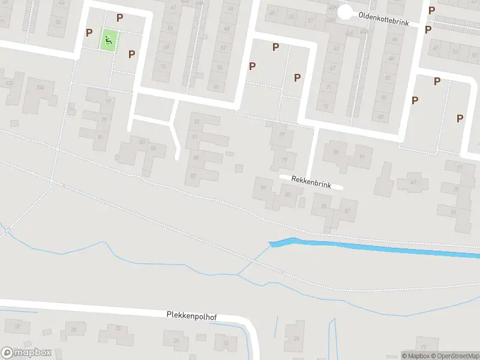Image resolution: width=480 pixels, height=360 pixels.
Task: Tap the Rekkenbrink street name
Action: pyautogui.click(x=311, y=182)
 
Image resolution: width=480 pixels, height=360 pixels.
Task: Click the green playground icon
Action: pyautogui.click(x=109, y=41)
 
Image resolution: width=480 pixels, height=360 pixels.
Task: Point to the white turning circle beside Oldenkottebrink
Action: pyautogui.click(x=345, y=12)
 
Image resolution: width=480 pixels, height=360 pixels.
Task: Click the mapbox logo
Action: pyautogui.click(x=26, y=353)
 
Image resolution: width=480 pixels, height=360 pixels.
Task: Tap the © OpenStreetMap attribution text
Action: pyautogui.click(x=454, y=356)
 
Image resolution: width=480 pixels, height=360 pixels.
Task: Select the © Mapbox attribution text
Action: pyautogui.click(x=415, y=356)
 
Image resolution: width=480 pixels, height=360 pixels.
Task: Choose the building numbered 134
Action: pyautogui.click(x=41, y=88)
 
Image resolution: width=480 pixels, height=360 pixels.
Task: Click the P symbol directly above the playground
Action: pyautogui.click(x=120, y=19)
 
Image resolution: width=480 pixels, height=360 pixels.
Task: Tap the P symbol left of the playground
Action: pyautogui.click(x=89, y=32)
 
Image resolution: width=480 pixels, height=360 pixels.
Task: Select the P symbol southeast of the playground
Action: pyautogui.click(x=131, y=54)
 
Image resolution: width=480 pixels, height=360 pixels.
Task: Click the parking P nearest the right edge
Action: pyautogui.click(x=460, y=118)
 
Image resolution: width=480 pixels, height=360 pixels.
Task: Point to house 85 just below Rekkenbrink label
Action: pyautogui.click(x=325, y=206)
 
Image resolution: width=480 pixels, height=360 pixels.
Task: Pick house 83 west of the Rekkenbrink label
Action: pyautogui.click(x=287, y=194)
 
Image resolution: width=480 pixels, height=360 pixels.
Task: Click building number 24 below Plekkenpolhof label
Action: pyautogui.click(x=176, y=341)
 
